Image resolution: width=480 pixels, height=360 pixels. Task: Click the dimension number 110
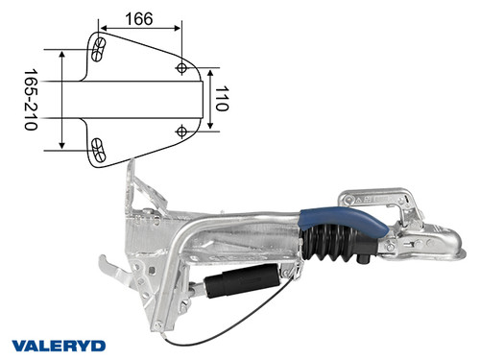(x=223, y=99)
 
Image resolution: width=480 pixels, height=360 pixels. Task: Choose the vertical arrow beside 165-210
(x=62, y=100)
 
